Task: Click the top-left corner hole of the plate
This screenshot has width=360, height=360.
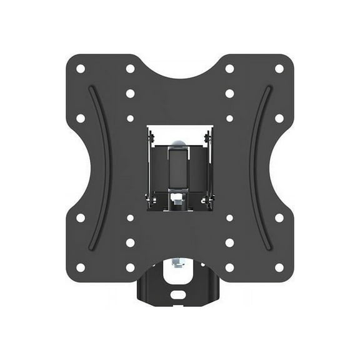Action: pyautogui.click(x=81, y=69)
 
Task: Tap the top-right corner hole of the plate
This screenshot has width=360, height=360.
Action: pyautogui.click(x=279, y=69)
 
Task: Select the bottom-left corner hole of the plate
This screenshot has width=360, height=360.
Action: pyautogui.click(x=81, y=267)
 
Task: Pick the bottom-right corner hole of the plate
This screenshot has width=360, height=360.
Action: pyautogui.click(x=279, y=267)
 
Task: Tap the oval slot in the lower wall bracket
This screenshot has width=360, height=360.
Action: pyautogui.click(x=180, y=291)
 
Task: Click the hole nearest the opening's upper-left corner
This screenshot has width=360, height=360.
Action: pyautogui.click(x=130, y=118)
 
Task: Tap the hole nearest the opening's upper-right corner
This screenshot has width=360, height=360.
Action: pyautogui.click(x=229, y=118)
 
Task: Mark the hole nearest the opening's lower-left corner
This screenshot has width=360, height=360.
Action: pyautogui.click(x=130, y=218)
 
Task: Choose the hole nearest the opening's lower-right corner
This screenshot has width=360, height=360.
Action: pyautogui.click(x=229, y=218)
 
